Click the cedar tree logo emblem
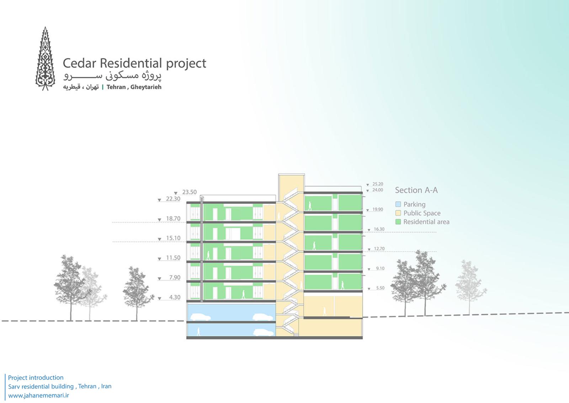pos(45,59)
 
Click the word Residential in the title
pos(131,63)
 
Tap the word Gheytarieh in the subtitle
pos(146,87)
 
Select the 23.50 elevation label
pos(189,192)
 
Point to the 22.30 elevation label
pos(173,199)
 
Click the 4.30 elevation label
pos(175,297)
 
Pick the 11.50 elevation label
pos(173,258)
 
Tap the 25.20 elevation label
pos(378,184)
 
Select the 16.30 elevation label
pos(379,229)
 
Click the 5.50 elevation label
pos(380,288)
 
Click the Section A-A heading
pos(416,190)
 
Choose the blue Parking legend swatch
pos(398,204)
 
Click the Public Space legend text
pos(422,213)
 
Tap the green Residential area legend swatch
pos(398,222)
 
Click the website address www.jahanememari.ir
pos(39,396)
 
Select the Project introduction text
pos(36,378)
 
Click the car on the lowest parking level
pos(263,332)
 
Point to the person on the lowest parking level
pos(198,331)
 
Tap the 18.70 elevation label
pos(173,219)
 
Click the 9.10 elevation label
pos(380,268)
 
